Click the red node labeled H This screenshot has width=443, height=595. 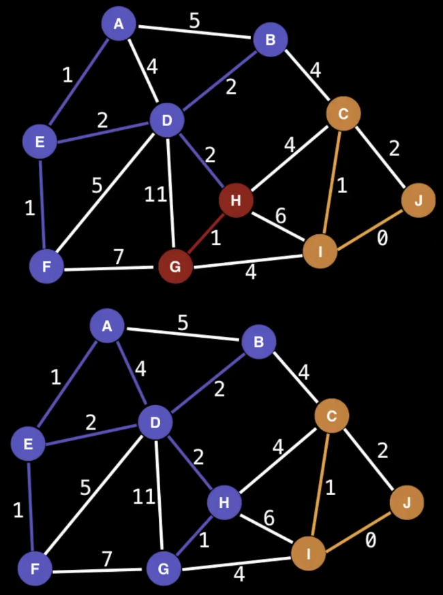click(x=236, y=200)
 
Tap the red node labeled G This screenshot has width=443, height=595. click(x=175, y=267)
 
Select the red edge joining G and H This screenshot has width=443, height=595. click(x=205, y=234)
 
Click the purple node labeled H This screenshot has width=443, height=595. click(x=224, y=502)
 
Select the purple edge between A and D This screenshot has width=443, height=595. click(x=131, y=375)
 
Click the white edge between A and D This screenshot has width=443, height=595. click(x=142, y=73)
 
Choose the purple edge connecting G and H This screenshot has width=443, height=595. click(x=194, y=535)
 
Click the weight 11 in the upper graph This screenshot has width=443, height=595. click(x=155, y=195)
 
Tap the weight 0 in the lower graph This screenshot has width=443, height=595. click(x=370, y=541)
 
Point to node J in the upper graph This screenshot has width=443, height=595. click(x=418, y=200)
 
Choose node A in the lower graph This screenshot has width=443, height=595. click(x=107, y=327)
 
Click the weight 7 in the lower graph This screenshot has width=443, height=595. click(x=107, y=559)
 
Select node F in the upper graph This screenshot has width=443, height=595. click(x=46, y=267)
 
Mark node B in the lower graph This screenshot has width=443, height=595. click(x=258, y=342)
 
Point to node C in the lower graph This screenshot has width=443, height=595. click(x=332, y=415)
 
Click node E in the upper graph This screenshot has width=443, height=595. click(x=40, y=142)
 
